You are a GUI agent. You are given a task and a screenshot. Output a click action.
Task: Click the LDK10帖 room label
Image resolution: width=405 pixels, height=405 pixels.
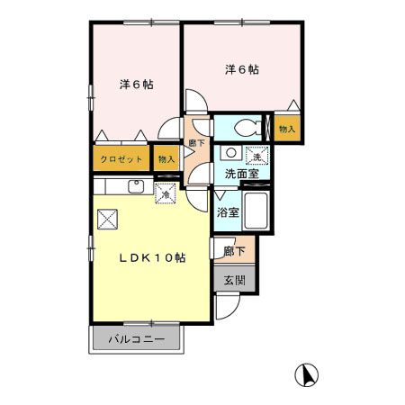[152, 257]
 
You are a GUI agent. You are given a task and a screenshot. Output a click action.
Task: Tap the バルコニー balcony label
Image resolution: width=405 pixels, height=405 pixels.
[137, 339]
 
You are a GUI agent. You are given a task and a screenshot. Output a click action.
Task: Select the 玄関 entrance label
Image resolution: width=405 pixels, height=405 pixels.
[235, 281]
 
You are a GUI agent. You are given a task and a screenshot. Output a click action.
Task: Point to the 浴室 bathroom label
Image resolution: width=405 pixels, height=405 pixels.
[228, 212]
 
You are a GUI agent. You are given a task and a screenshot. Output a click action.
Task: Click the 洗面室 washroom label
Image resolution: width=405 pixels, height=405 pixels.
[242, 174]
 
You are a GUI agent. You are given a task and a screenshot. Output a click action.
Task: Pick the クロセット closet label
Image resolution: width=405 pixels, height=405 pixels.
[121, 158]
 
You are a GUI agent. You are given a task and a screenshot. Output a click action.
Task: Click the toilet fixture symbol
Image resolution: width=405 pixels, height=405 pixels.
[247, 128]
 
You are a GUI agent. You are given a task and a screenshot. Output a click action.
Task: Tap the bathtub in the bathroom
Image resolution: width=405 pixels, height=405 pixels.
[256, 211]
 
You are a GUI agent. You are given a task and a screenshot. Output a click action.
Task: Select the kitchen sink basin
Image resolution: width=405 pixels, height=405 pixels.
[137, 186]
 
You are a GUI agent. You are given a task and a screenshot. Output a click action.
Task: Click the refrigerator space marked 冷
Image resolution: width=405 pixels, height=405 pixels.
[166, 193]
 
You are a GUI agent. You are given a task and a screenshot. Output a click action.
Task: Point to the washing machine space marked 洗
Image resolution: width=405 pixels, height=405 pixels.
[256, 156]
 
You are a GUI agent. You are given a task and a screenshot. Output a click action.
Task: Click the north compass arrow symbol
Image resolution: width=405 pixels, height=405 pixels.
[306, 375]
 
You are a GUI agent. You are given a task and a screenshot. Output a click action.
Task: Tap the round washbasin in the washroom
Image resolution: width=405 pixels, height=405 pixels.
[231, 153]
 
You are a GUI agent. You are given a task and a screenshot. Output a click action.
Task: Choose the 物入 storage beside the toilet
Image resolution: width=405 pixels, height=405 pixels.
[287, 129]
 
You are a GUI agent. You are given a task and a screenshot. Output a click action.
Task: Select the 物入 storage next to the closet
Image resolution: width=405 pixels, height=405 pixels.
[166, 158]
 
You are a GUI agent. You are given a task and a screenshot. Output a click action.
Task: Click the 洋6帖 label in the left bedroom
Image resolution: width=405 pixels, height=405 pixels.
[137, 85]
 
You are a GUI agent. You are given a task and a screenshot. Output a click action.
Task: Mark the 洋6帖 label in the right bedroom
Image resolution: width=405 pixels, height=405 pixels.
[242, 69]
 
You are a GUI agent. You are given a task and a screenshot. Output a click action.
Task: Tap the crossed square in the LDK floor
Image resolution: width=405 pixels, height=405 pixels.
[107, 220]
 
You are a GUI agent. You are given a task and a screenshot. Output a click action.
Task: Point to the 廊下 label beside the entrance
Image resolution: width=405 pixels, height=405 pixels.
[234, 251]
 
